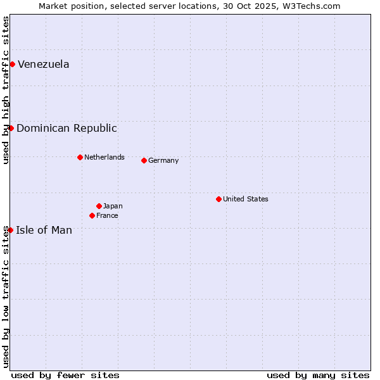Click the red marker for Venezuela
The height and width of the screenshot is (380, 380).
pos(12,64)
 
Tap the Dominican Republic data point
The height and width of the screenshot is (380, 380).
pos(11,128)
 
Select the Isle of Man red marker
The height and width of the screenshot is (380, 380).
pos(10,230)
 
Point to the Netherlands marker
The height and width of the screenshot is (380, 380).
pos(80,157)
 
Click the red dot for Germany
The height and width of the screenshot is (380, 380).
pos(144,160)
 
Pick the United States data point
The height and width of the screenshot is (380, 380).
pos(218,199)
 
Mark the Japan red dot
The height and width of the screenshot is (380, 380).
pos(99,206)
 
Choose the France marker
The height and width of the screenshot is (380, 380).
pos(92,215)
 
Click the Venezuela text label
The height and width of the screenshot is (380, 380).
pos(43,64)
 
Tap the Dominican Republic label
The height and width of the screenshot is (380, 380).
pos(66,128)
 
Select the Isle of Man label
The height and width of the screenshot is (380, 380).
pos(44,230)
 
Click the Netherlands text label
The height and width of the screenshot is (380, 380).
pos(104,157)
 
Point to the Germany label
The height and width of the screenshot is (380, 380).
pos(163,160)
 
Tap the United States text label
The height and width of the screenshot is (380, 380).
pos(245,199)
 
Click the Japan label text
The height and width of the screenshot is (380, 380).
pos(113,206)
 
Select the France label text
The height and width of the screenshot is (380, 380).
pos(107,215)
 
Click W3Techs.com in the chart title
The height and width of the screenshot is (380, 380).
pos(312,6)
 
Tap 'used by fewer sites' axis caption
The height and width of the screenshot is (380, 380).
pos(65,375)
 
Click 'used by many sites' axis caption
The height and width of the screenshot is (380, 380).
pos(318,375)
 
